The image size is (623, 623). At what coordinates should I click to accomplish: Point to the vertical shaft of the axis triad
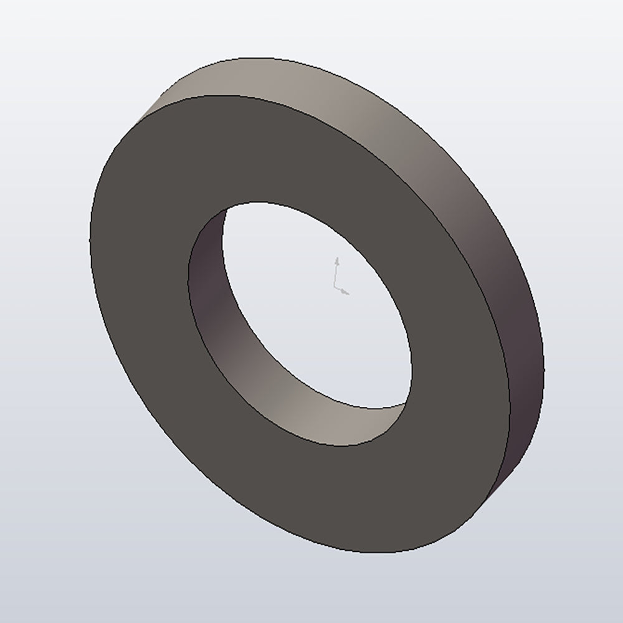coord(336,274)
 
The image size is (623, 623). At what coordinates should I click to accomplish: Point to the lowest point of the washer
coord(386,553)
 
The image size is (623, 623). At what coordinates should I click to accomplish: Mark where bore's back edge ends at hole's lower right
coord(406,403)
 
